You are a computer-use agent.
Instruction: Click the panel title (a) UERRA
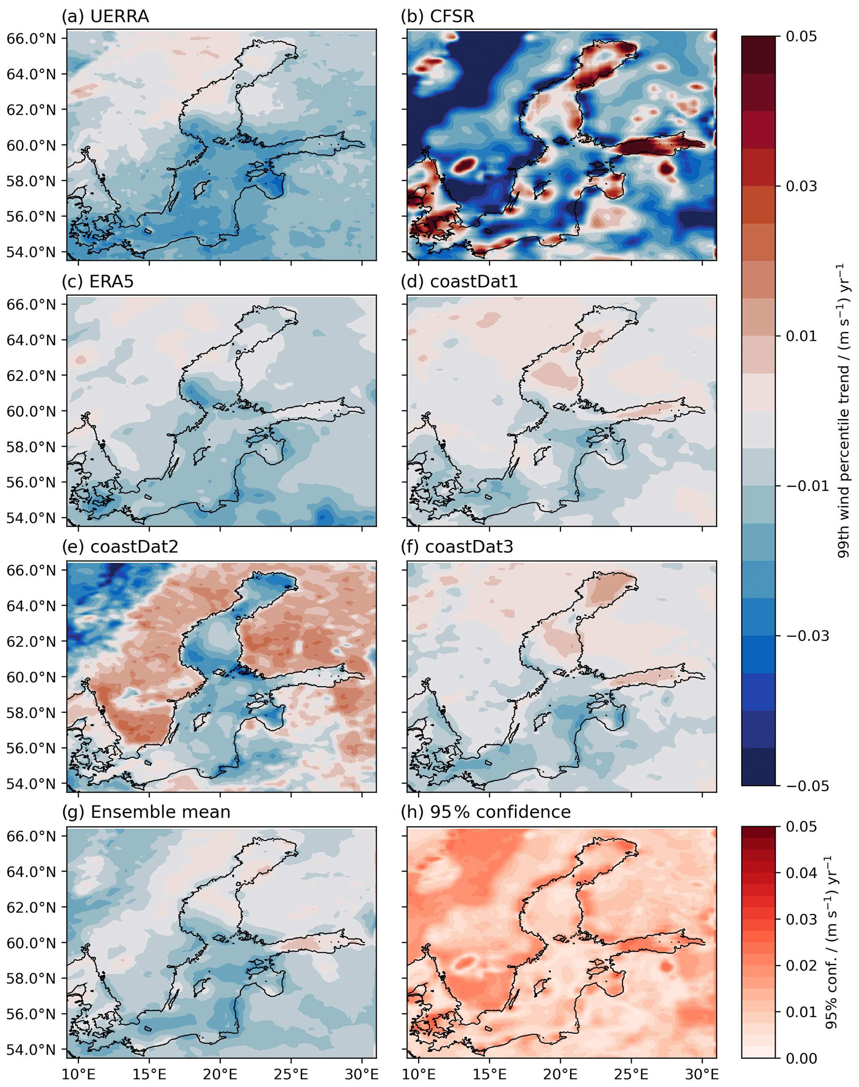click(105, 17)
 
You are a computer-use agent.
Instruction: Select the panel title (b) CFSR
click(437, 17)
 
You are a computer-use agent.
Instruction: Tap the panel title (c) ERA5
click(98, 282)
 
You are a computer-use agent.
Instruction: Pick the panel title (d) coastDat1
click(459, 282)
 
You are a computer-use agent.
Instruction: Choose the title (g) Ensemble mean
click(146, 812)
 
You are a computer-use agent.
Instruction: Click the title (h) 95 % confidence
click(485, 812)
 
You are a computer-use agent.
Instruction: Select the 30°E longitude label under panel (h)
click(702, 1075)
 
